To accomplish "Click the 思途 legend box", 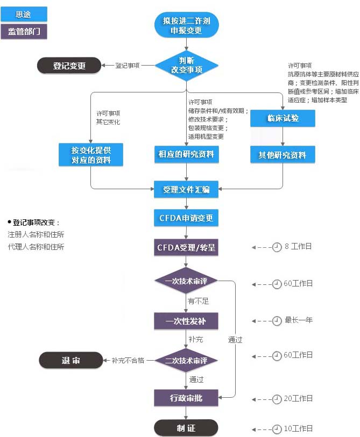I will click(x=24, y=14).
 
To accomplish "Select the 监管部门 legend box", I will click(x=24, y=31).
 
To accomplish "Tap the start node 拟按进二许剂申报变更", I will click(x=186, y=25).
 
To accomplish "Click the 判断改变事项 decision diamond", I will click(x=186, y=65).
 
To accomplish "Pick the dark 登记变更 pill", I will click(x=69, y=66).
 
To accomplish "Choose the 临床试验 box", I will click(x=283, y=118).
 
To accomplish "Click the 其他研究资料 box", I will click(x=283, y=155).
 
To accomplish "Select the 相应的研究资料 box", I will click(x=186, y=155).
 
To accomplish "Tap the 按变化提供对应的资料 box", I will click(x=91, y=155).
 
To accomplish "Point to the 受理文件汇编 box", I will click(x=186, y=189).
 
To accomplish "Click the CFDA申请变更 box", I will click(x=186, y=218).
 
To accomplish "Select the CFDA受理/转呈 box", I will click(x=186, y=248).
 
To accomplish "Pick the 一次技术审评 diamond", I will click(x=186, y=281).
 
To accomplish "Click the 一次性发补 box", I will click(x=186, y=321).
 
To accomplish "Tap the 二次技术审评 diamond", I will click(x=186, y=360).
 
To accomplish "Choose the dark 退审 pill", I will click(x=70, y=360).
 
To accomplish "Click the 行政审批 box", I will click(x=186, y=398).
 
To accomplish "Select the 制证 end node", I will click(x=186, y=428).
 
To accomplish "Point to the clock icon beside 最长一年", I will click(x=277, y=321).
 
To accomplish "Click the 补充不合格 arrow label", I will click(x=128, y=360).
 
